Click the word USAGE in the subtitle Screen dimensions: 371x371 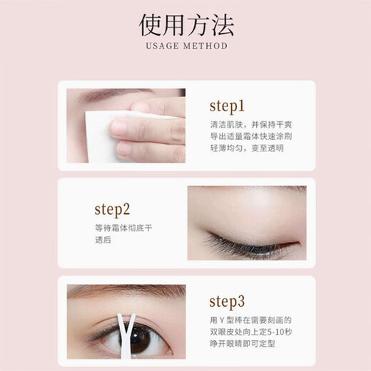point(161,46)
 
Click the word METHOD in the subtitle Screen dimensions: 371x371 point(205,46)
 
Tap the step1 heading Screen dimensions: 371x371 point(227,106)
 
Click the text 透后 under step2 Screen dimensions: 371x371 point(104,240)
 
